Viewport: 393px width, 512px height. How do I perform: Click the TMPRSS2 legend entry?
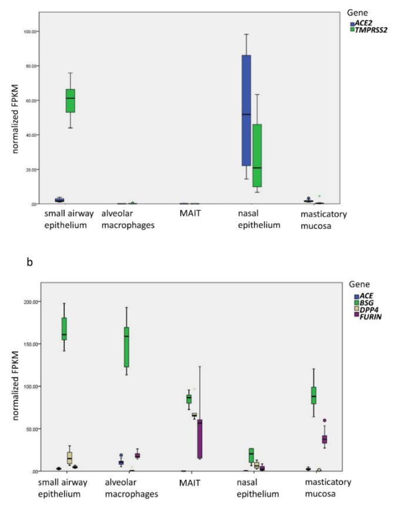[x=367, y=30]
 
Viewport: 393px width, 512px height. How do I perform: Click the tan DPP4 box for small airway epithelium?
[x=69, y=457]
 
